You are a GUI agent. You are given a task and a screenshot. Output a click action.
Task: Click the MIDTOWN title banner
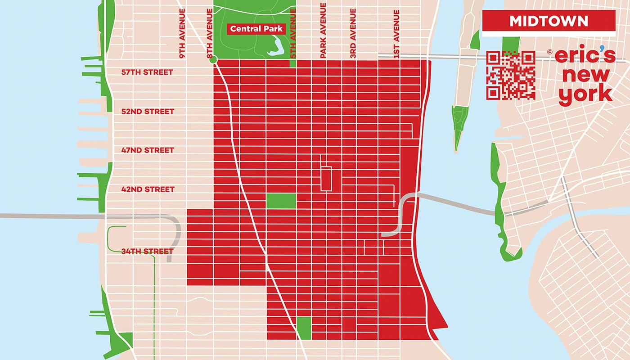549,21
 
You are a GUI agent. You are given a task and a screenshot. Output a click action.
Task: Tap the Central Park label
256,29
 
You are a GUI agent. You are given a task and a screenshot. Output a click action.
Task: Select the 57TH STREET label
147,72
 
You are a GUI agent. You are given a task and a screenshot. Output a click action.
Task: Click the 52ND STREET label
148,111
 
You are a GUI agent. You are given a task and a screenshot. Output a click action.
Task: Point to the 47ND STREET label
148,150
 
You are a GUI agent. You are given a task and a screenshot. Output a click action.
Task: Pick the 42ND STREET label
148,189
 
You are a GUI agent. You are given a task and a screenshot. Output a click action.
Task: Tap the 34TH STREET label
147,251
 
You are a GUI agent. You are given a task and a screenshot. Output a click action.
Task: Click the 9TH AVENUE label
182,34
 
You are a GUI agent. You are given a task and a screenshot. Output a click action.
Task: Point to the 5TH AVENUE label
293,34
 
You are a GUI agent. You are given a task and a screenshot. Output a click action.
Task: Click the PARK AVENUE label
323,31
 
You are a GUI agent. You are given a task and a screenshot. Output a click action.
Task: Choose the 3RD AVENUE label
353,34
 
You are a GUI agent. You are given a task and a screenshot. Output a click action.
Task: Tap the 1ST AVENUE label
396,34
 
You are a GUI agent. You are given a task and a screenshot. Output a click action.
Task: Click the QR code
511,75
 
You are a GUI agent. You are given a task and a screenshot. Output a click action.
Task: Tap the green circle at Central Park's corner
213,59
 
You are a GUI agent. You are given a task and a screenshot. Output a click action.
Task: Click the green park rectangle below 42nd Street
281,201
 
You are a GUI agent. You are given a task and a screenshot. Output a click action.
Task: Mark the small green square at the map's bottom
304,328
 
